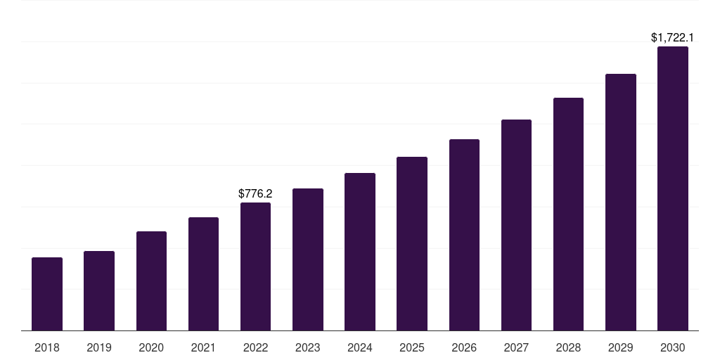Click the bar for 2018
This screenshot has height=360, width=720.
coord(47,294)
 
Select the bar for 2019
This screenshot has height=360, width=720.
coord(99,290)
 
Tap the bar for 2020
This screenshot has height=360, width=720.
coord(151,281)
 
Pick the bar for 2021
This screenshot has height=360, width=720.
coord(203,274)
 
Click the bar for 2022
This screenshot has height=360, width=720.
coord(255,266)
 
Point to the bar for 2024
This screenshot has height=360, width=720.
coord(360,252)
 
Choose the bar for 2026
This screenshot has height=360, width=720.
coord(464,235)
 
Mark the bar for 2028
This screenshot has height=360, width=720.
coord(568,214)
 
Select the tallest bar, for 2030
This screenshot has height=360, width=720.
coord(673,188)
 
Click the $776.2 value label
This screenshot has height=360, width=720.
coord(255,193)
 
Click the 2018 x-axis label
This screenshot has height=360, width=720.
coord(47,347)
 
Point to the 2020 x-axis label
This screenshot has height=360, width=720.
coord(151,347)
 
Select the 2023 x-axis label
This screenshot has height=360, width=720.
coord(307,347)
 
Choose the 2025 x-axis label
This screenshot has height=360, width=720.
coord(412,347)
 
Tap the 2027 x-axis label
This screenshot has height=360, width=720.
coord(516,347)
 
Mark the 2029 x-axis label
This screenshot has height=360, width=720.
coord(621,347)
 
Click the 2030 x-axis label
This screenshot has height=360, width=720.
coord(673,347)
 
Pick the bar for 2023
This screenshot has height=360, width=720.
coord(307,259)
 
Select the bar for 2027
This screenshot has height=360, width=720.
coord(516,225)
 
